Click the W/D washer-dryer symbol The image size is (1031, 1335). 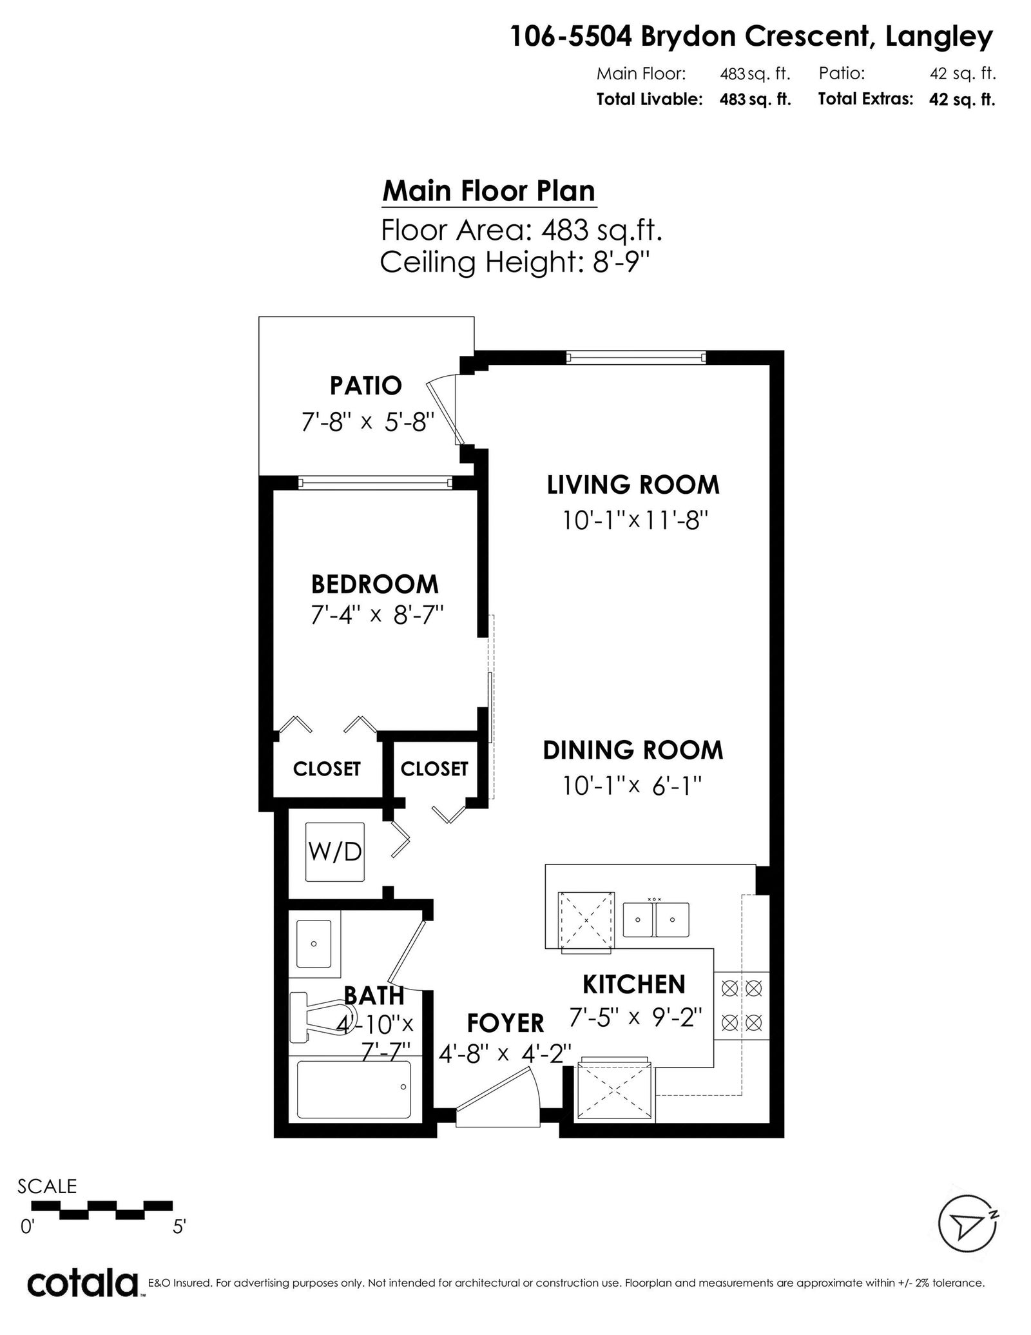(335, 852)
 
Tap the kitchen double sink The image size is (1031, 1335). (655, 920)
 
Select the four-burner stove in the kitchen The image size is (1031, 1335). (741, 1005)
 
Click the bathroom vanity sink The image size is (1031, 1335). (314, 944)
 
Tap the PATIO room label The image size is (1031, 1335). (365, 385)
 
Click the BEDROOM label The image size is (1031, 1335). (374, 584)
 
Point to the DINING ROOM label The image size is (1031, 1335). (633, 750)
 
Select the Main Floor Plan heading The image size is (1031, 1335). (489, 191)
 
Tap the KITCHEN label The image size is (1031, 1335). (634, 984)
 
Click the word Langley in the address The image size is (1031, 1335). (939, 37)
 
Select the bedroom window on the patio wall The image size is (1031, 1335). (375, 483)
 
